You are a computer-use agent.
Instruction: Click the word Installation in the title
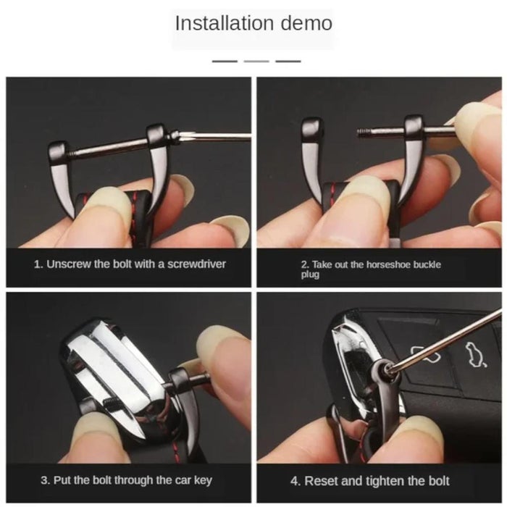coord(225,23)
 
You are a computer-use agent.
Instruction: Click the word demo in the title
coord(306,23)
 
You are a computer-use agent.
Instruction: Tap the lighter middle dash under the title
coord(256,61)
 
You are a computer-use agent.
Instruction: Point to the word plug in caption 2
coord(310,275)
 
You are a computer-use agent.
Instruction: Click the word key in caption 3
coord(203,480)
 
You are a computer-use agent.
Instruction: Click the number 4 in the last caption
coord(295,481)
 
